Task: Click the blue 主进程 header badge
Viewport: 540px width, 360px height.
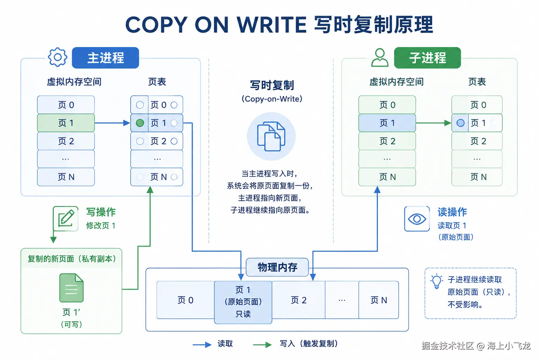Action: (105, 58)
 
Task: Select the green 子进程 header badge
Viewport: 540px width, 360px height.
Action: (427, 58)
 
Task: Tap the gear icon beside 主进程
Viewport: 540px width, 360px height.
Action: (57, 57)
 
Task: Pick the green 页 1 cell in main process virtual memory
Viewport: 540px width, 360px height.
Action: (66, 123)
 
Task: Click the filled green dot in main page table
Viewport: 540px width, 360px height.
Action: (140, 123)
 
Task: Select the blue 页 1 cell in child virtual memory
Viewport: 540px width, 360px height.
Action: (387, 123)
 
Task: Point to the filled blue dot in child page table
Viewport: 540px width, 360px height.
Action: (461, 123)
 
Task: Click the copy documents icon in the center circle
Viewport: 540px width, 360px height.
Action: (271, 136)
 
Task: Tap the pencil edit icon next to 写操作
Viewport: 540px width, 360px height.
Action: (66, 218)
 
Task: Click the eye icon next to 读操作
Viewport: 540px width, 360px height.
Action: (417, 219)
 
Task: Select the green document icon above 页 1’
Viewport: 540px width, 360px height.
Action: (71, 288)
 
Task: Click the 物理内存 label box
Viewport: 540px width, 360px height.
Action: (277, 267)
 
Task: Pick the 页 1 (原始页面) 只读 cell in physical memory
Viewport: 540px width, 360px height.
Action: (243, 302)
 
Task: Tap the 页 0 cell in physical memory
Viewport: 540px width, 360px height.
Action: (185, 300)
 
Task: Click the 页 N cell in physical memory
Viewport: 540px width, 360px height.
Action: (379, 300)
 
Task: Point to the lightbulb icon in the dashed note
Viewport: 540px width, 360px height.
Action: (437, 281)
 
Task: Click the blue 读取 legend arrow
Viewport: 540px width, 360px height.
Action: (202, 345)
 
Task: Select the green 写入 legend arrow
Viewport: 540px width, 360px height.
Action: (262, 345)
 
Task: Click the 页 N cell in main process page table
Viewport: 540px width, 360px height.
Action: (157, 177)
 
